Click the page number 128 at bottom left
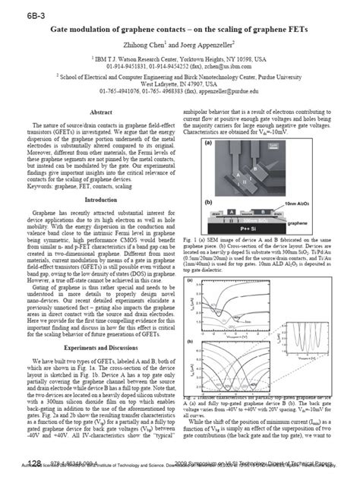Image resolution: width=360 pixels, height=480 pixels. pos(33,463)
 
